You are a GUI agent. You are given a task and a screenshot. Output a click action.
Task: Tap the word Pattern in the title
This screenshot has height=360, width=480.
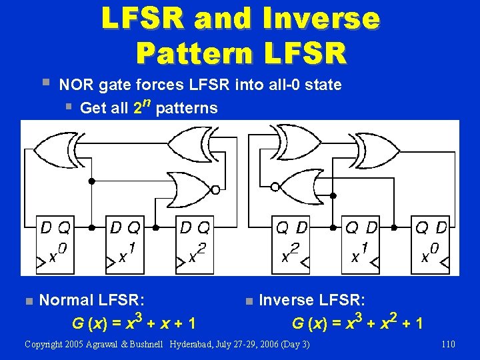pos(189,51)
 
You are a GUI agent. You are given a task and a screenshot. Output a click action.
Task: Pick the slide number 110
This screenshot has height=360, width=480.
pos(447,344)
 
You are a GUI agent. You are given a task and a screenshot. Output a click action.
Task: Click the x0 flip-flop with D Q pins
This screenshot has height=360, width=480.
pos(55,244)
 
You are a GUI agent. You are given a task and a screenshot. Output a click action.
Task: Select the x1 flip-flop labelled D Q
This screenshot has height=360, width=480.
pos(125,244)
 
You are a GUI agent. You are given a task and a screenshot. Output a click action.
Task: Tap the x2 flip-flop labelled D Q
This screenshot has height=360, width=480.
pos(194,244)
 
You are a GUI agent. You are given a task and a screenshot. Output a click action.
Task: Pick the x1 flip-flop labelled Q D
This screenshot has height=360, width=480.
pos(361,244)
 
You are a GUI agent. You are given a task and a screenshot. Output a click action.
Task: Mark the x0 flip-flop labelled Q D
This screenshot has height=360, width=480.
pos(430,244)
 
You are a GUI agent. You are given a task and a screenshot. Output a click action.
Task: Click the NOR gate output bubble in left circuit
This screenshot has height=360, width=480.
pos(215,189)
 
